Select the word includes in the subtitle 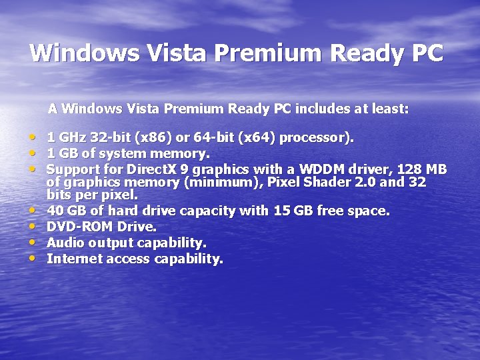click(x=322, y=108)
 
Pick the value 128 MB click(x=422, y=170)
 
